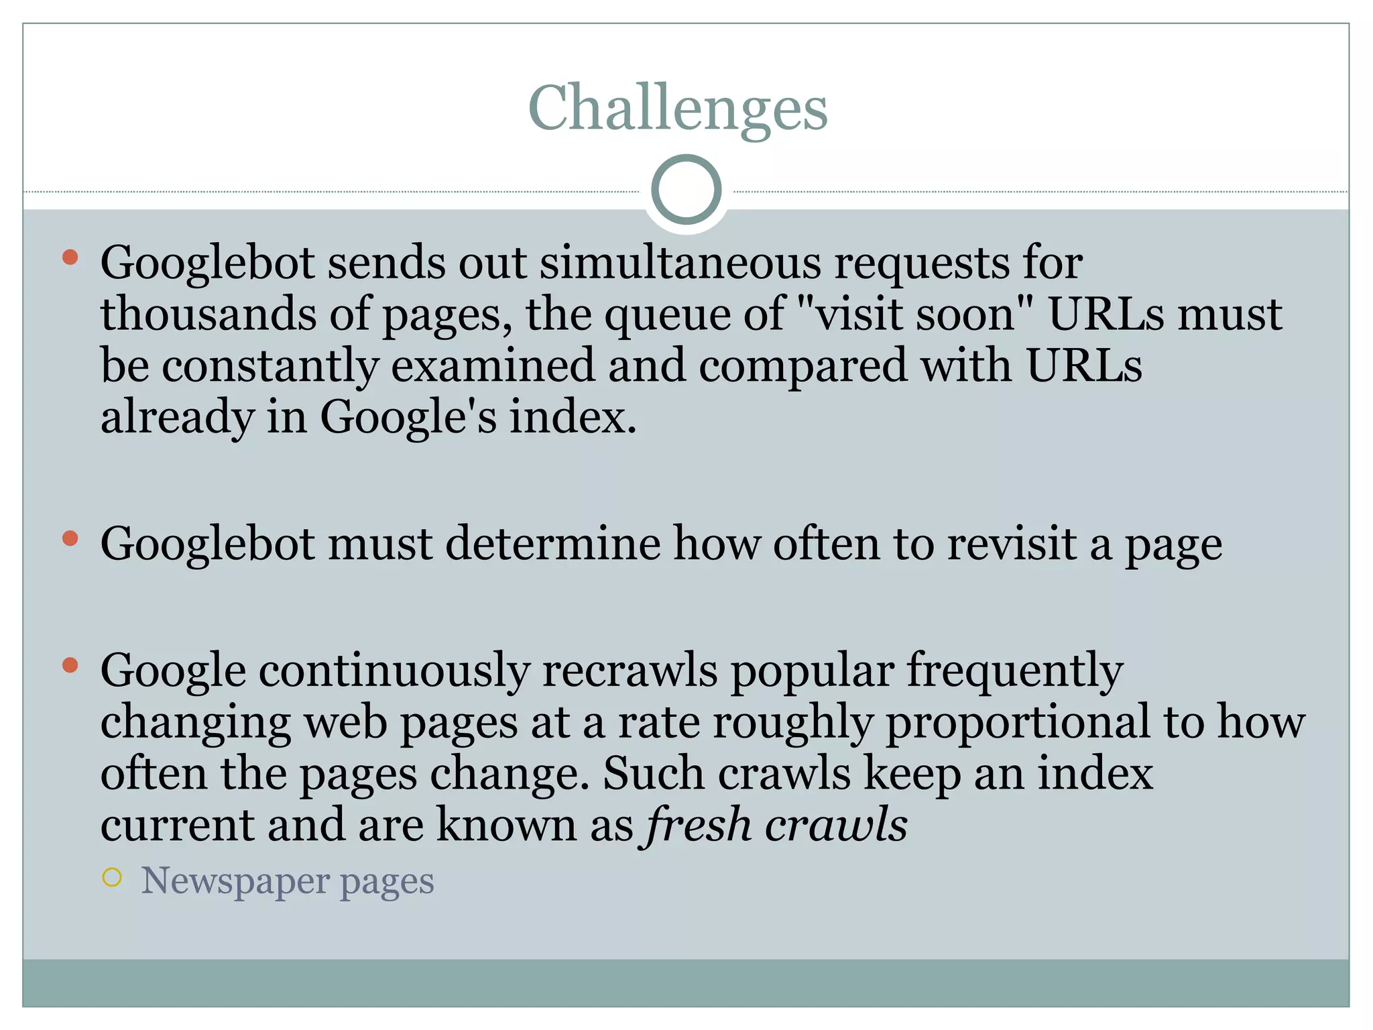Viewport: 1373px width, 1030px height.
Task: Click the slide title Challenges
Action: [x=678, y=108]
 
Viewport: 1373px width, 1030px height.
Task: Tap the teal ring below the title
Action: [x=686, y=190]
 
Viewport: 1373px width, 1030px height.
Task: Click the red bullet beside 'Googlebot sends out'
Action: [x=70, y=257]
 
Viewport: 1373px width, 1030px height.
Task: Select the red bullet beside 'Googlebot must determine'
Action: [x=70, y=538]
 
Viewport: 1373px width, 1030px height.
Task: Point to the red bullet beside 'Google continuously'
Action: [x=70, y=665]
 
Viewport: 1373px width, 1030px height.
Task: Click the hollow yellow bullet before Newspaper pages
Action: [x=113, y=878]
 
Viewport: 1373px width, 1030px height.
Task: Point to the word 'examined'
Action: [x=493, y=365]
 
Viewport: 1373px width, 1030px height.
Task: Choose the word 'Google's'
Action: [x=408, y=417]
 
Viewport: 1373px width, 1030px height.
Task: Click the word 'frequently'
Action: [x=1014, y=670]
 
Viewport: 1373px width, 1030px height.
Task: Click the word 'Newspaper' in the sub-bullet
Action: [x=235, y=880]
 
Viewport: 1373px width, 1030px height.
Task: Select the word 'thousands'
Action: [x=208, y=313]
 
